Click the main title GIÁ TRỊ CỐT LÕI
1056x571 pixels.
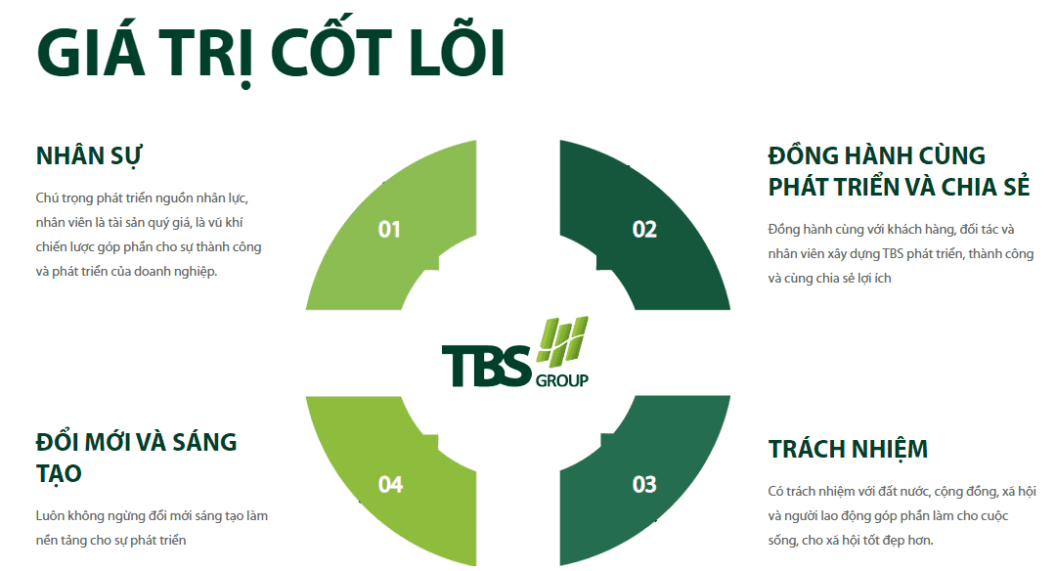point(271,53)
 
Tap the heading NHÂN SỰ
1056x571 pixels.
point(88,155)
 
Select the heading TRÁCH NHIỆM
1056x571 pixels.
point(848,449)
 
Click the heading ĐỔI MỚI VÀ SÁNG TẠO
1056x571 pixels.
point(136,458)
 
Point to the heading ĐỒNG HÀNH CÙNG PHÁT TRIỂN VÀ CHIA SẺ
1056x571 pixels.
point(900,171)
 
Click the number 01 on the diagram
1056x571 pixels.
point(389,230)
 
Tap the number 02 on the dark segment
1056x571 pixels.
point(644,230)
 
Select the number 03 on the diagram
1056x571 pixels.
point(644,484)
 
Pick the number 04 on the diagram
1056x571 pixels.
point(390,484)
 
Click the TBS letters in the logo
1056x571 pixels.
point(487,366)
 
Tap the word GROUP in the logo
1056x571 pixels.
point(562,380)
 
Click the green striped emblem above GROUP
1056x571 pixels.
point(562,341)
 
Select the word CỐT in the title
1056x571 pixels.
point(331,53)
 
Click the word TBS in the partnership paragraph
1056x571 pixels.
point(893,254)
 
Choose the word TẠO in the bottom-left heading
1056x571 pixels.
point(59,474)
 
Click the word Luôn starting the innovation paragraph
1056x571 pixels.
point(50,516)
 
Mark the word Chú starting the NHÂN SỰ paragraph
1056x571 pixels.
point(47,198)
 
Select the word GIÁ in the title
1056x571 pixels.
point(91,53)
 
